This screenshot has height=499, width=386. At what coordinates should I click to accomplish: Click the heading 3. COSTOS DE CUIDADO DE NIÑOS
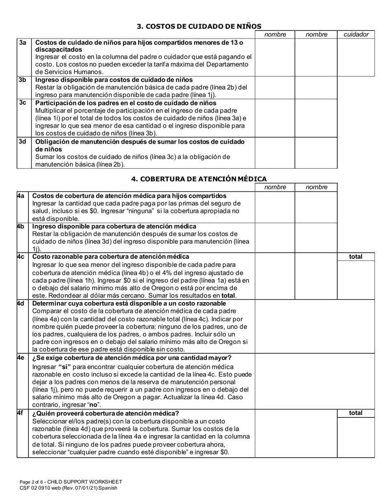pyautogui.click(x=199, y=26)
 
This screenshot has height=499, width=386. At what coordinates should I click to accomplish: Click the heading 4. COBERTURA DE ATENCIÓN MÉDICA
pyautogui.click(x=199, y=179)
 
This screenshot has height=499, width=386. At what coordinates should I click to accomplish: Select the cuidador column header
pyautogui.click(x=356, y=35)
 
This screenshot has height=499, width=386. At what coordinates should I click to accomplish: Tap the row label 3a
pyautogui.click(x=22, y=43)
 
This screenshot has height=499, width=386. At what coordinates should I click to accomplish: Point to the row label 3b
pyautogui.click(x=22, y=80)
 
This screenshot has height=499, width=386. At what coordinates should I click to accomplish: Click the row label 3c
pyautogui.click(x=22, y=103)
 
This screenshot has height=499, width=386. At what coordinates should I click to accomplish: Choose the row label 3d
pyautogui.click(x=22, y=142)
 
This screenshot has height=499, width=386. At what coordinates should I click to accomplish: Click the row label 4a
pyautogui.click(x=21, y=196)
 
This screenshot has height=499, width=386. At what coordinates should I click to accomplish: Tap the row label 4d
pyautogui.click(x=21, y=303)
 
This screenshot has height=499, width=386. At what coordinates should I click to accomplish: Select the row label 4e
pyautogui.click(x=21, y=357)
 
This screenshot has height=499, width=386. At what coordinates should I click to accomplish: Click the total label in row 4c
pyautogui.click(x=356, y=257)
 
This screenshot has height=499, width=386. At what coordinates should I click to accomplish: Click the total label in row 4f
pyautogui.click(x=356, y=413)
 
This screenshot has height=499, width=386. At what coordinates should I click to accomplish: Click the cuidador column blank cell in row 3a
pyautogui.click(x=356, y=57)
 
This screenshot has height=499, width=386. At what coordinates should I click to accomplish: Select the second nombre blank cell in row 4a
pyautogui.click(x=317, y=207)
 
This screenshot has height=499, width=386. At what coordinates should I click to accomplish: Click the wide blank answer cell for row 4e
pyautogui.click(x=314, y=381)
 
